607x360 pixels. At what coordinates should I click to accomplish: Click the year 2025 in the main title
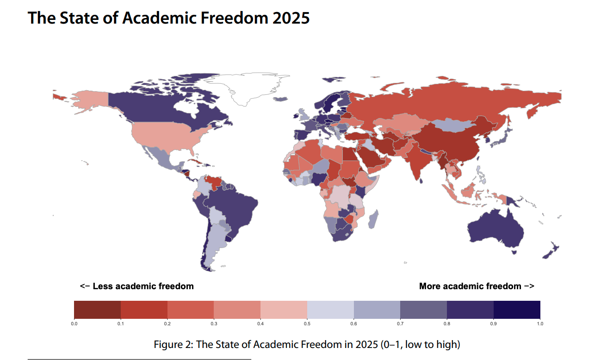click(x=290, y=18)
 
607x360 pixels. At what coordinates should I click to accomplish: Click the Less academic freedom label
click(x=137, y=286)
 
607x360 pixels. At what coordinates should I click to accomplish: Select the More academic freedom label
click(x=477, y=286)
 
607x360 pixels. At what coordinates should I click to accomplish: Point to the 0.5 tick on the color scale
click(x=307, y=324)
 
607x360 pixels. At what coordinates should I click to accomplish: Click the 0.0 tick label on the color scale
click(x=74, y=324)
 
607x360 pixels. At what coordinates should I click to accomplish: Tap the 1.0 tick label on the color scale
click(x=540, y=324)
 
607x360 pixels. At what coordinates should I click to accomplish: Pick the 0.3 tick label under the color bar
click(x=214, y=324)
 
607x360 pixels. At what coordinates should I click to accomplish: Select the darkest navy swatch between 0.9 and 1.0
click(x=517, y=309)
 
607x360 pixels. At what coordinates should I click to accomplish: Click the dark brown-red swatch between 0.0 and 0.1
click(x=97, y=309)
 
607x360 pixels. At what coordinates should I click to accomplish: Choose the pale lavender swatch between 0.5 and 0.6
click(x=330, y=309)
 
